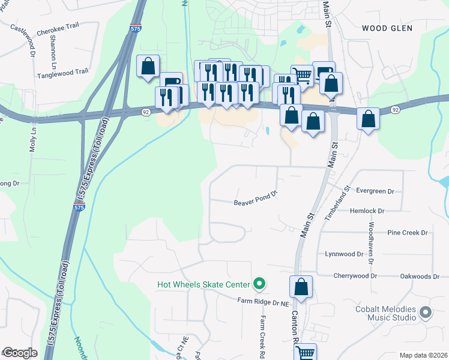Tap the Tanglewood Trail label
(62, 71)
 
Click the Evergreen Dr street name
(375, 191)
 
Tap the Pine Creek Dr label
(407, 232)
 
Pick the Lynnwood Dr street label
(344, 254)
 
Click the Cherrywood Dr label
(357, 276)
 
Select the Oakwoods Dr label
(420, 276)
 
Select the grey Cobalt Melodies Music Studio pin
(426, 312)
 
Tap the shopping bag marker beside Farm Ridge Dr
(301, 287)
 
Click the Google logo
(19, 353)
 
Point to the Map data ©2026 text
(423, 355)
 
